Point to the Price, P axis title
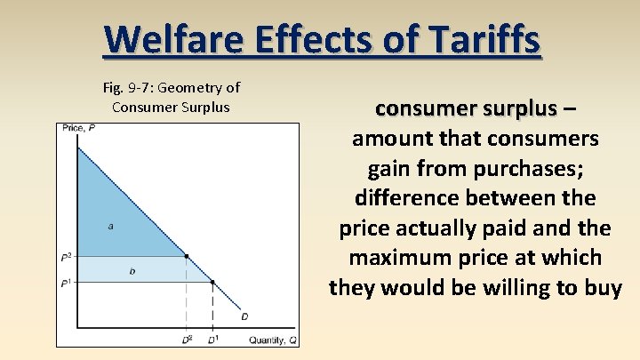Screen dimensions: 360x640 pyautogui.click(x=79, y=130)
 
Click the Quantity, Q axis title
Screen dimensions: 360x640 pyautogui.click(x=272, y=339)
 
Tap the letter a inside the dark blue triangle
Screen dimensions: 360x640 pyautogui.click(x=110, y=227)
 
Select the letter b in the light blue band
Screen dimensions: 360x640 pyautogui.click(x=132, y=271)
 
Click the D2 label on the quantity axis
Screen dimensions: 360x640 pyautogui.click(x=187, y=339)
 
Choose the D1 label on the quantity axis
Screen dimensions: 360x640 pyautogui.click(x=212, y=339)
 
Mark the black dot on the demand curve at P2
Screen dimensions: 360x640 pyautogui.click(x=186, y=256)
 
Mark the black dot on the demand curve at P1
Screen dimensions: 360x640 pyautogui.click(x=212, y=283)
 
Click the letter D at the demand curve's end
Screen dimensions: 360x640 pyautogui.click(x=244, y=316)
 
